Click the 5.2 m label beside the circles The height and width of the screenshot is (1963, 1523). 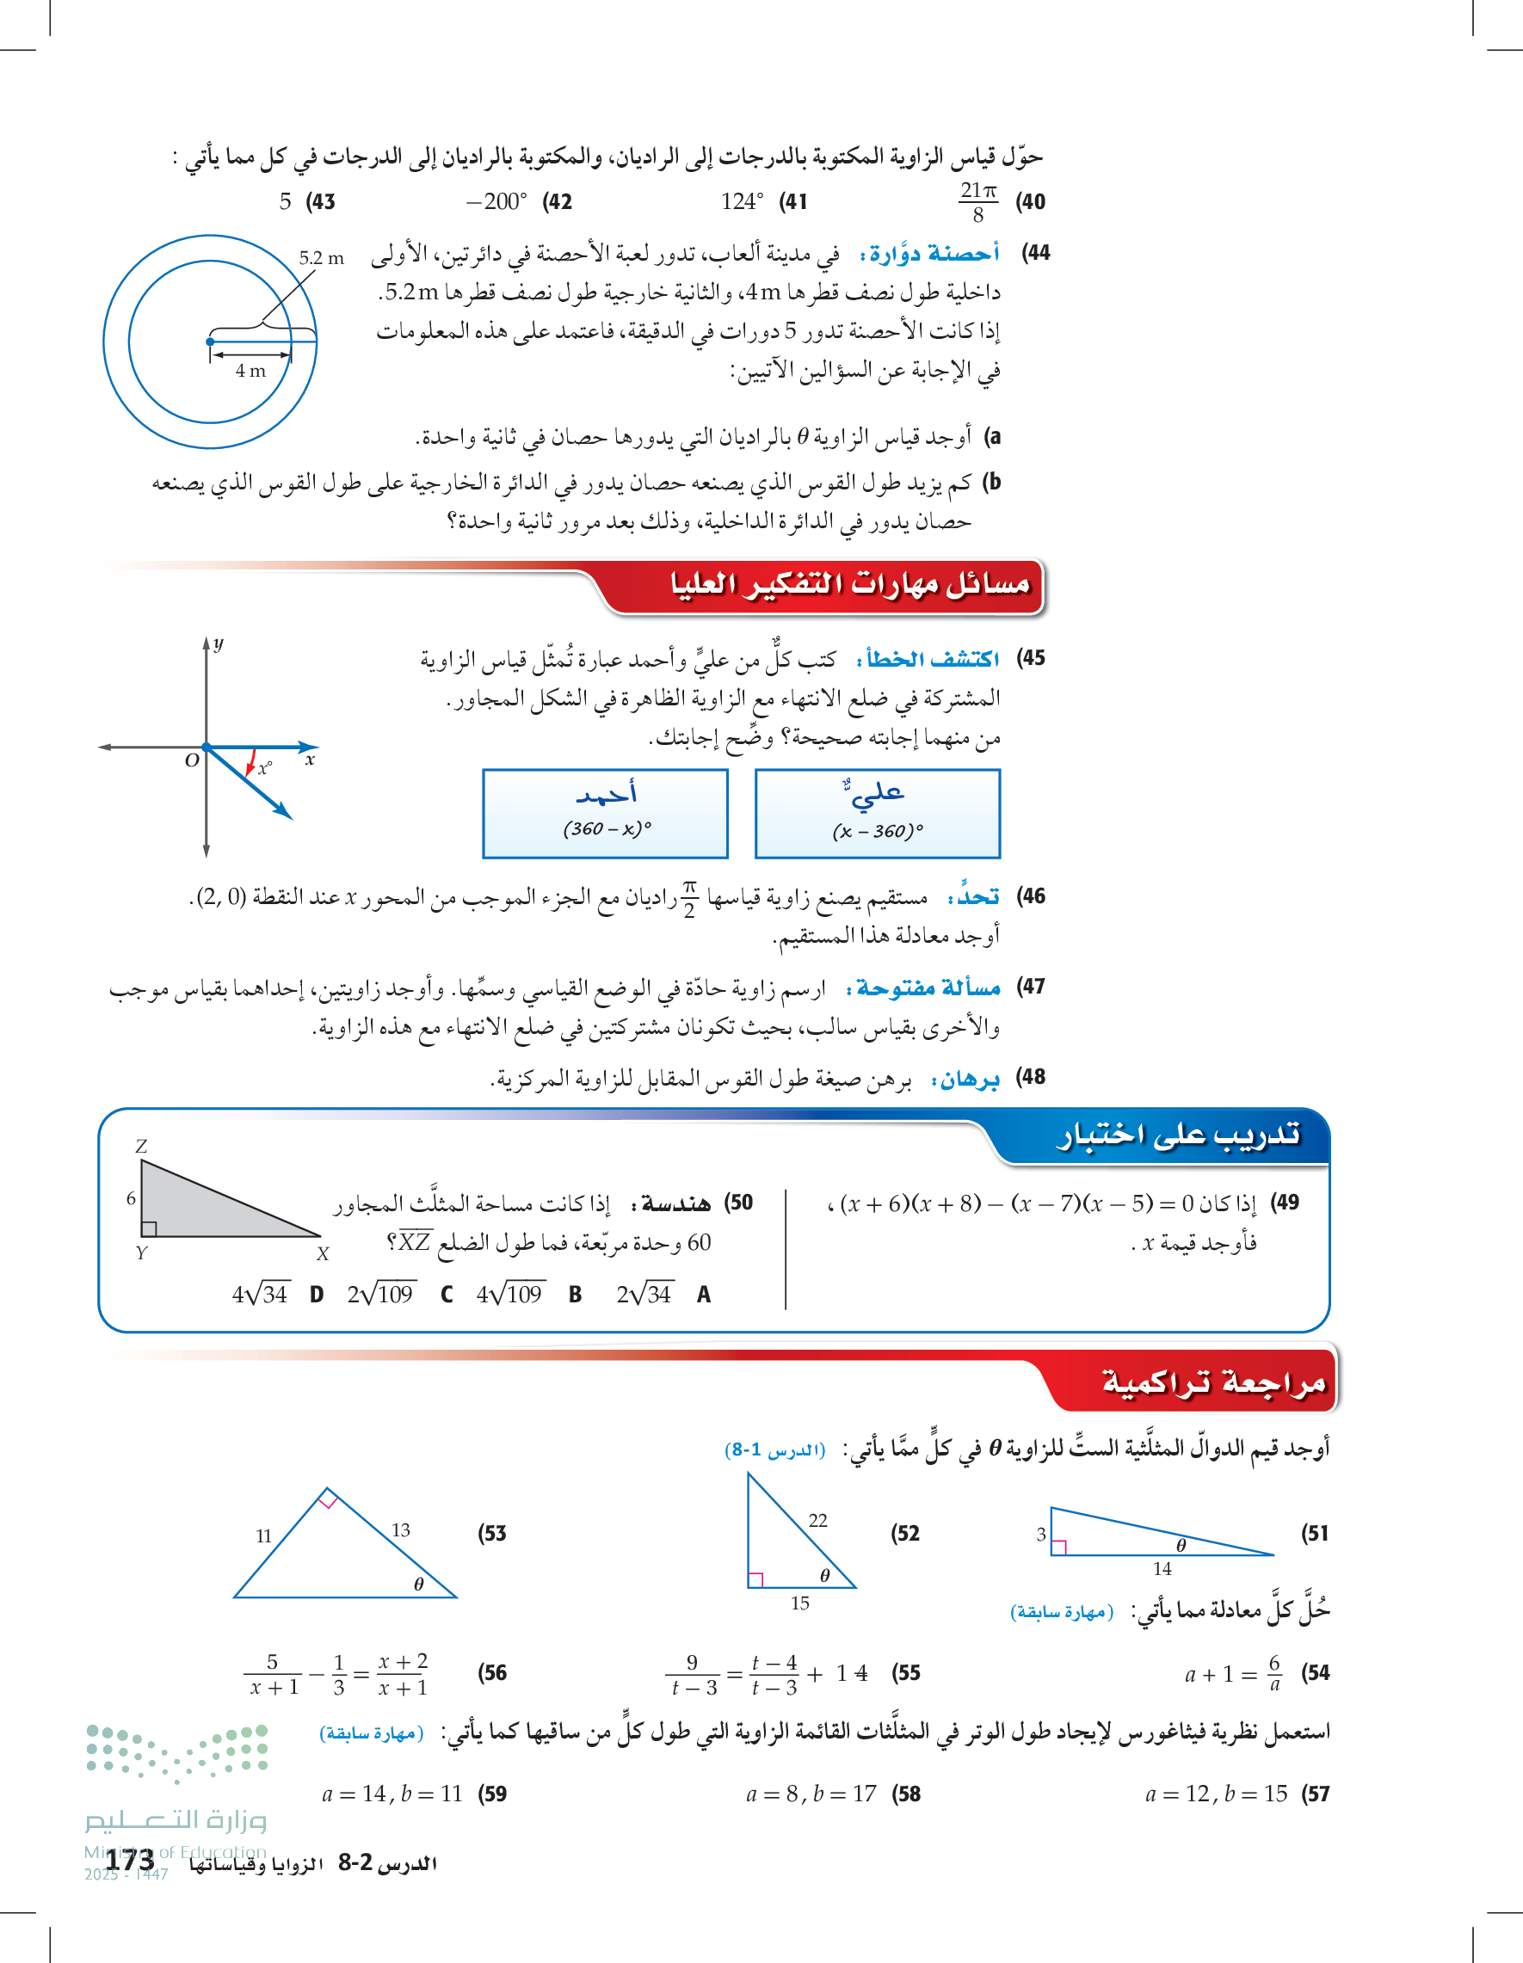[x=321, y=258]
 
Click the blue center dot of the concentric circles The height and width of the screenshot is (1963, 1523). [x=209, y=342]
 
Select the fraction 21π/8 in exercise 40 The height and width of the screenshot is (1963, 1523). [x=978, y=201]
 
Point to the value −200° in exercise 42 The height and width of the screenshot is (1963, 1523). [x=496, y=201]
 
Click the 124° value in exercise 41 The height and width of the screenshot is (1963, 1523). [x=742, y=201]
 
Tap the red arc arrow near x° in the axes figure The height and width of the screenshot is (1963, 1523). [x=251, y=762]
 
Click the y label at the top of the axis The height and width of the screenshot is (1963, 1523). [x=219, y=643]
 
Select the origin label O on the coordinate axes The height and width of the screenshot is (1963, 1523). [x=192, y=760]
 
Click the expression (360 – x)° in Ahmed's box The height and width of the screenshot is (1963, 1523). [x=607, y=828]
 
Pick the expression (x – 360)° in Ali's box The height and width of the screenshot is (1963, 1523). [x=878, y=830]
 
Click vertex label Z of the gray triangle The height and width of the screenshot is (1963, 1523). [x=140, y=1146]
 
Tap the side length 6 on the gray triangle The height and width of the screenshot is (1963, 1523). [x=132, y=1198]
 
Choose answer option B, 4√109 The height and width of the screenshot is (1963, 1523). [x=509, y=1295]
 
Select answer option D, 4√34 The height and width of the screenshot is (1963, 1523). [x=260, y=1295]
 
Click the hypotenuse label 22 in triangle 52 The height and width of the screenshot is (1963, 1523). [x=817, y=1520]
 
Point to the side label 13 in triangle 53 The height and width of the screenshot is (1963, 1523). [x=400, y=1529]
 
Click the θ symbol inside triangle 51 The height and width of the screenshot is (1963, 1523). [x=1181, y=1545]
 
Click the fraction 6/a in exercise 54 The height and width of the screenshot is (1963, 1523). [x=1274, y=1673]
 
